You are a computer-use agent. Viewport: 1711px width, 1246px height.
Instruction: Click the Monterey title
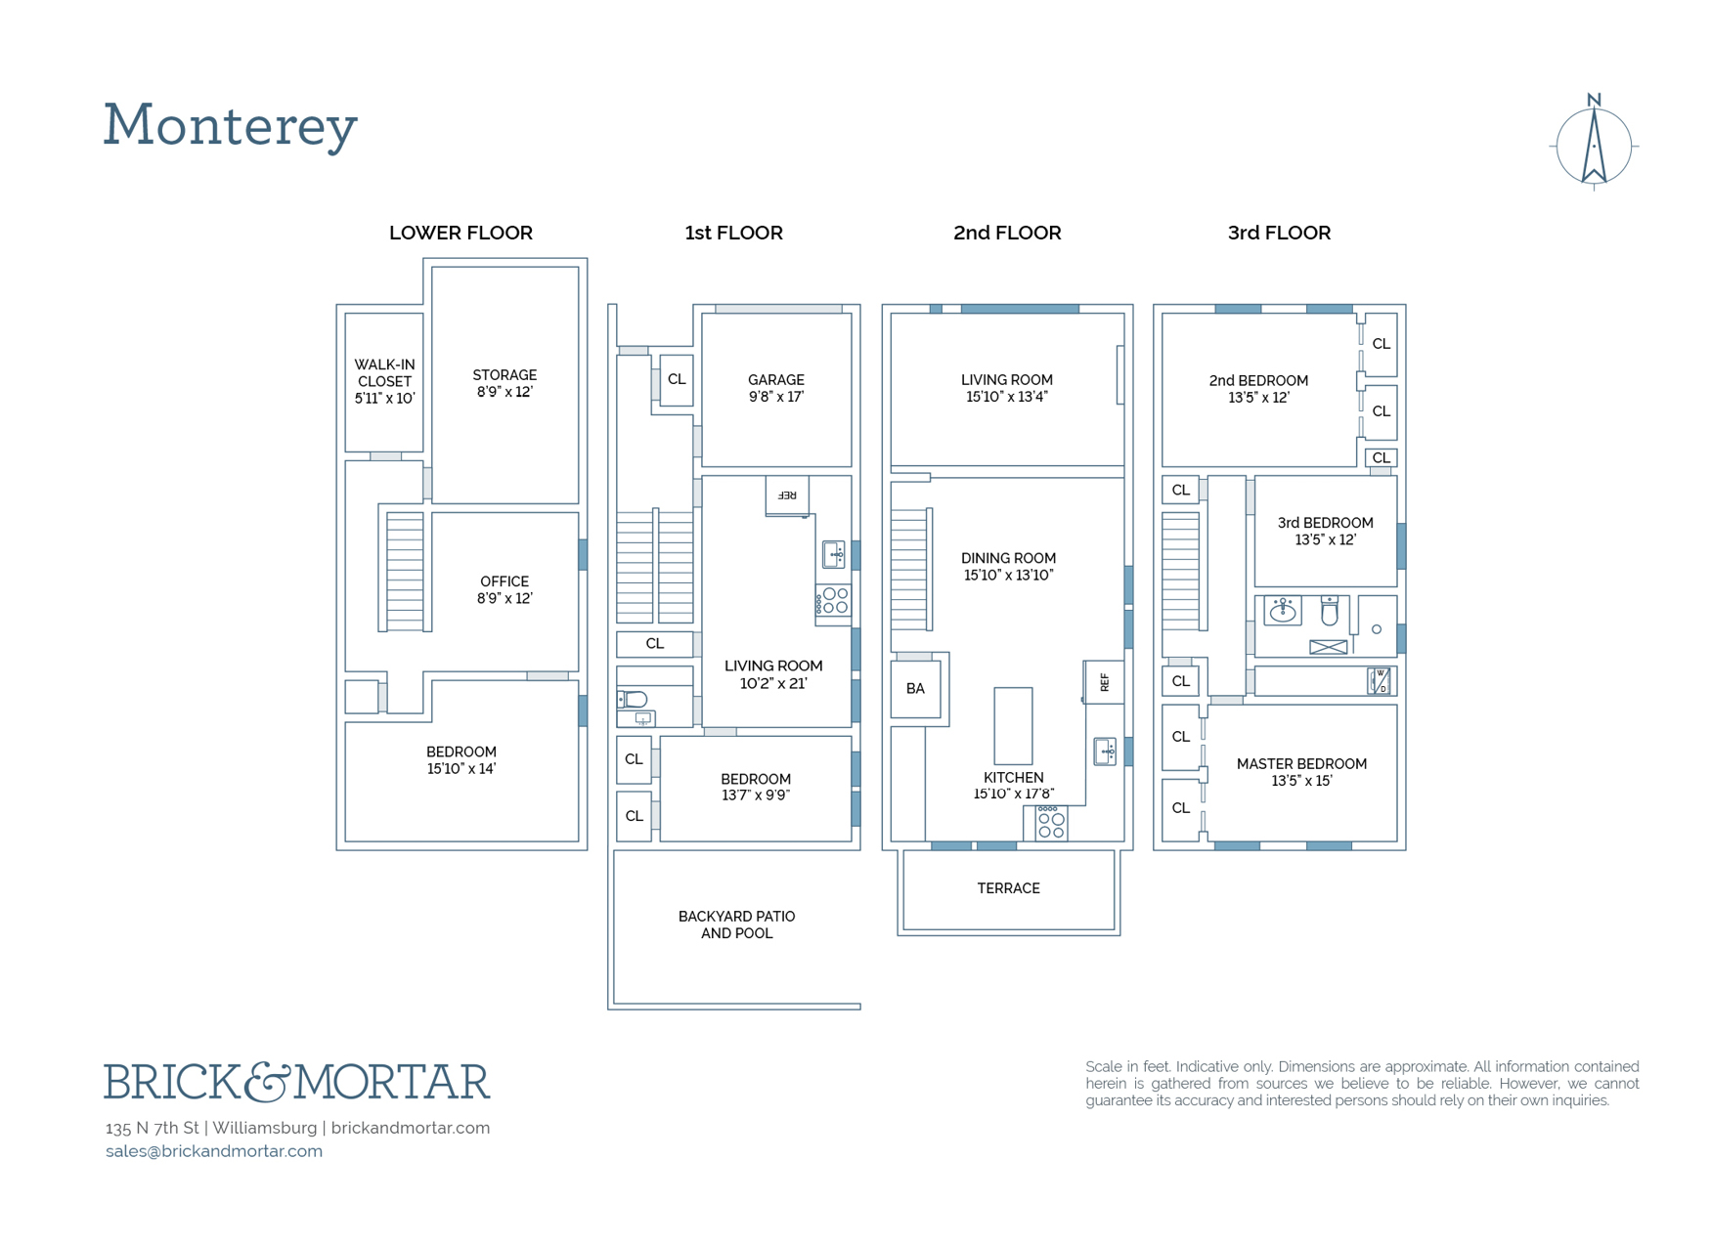(231, 126)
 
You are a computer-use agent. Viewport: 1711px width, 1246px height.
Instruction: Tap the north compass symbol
(1594, 144)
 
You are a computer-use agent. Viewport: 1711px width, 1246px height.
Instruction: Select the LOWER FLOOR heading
(461, 233)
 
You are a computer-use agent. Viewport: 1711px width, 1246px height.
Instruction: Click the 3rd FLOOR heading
(1279, 233)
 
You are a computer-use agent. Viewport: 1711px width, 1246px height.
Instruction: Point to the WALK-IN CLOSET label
(384, 381)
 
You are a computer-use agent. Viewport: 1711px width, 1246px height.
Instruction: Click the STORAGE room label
(505, 383)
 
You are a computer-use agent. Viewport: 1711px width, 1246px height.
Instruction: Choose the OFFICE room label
(505, 589)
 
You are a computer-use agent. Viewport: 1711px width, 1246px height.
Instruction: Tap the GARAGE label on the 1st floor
(776, 388)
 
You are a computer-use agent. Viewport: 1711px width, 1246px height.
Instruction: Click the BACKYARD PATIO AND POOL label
(736, 924)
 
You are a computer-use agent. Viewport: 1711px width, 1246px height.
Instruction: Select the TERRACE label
(1008, 888)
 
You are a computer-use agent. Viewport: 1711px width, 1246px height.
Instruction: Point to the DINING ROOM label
(1008, 567)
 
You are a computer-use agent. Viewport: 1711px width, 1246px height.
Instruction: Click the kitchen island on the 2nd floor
(1013, 725)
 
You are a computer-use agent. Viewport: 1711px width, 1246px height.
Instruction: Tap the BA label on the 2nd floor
(915, 689)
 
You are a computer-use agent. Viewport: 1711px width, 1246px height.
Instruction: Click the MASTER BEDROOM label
(1301, 772)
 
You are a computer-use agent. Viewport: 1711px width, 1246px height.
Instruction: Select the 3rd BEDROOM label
(1325, 531)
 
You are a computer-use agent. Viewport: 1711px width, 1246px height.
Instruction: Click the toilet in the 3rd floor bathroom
(1329, 611)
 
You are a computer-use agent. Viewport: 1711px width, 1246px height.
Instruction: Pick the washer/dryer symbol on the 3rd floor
(1379, 681)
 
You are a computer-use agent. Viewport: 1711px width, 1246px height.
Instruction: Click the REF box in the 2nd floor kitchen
(1105, 682)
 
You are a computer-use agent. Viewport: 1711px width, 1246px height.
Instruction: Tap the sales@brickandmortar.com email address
(214, 1151)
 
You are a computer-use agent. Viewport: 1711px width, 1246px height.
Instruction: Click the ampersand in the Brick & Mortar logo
(267, 1082)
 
